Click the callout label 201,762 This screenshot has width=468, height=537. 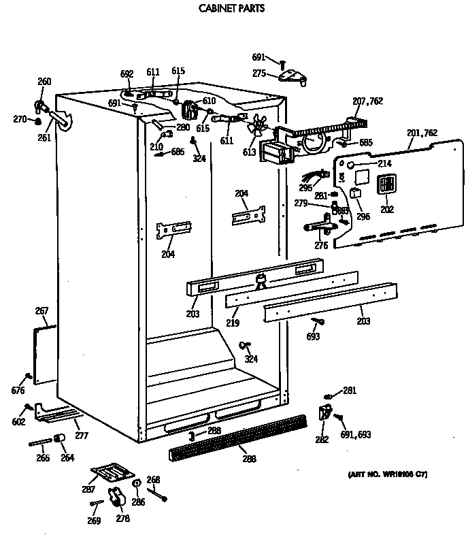(x=422, y=133)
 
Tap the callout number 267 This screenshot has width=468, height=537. (x=41, y=311)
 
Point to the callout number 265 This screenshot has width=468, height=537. (x=42, y=458)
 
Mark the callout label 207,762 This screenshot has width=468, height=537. (x=367, y=101)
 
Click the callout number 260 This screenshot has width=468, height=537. (x=44, y=82)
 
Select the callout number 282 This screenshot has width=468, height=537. (x=320, y=440)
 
